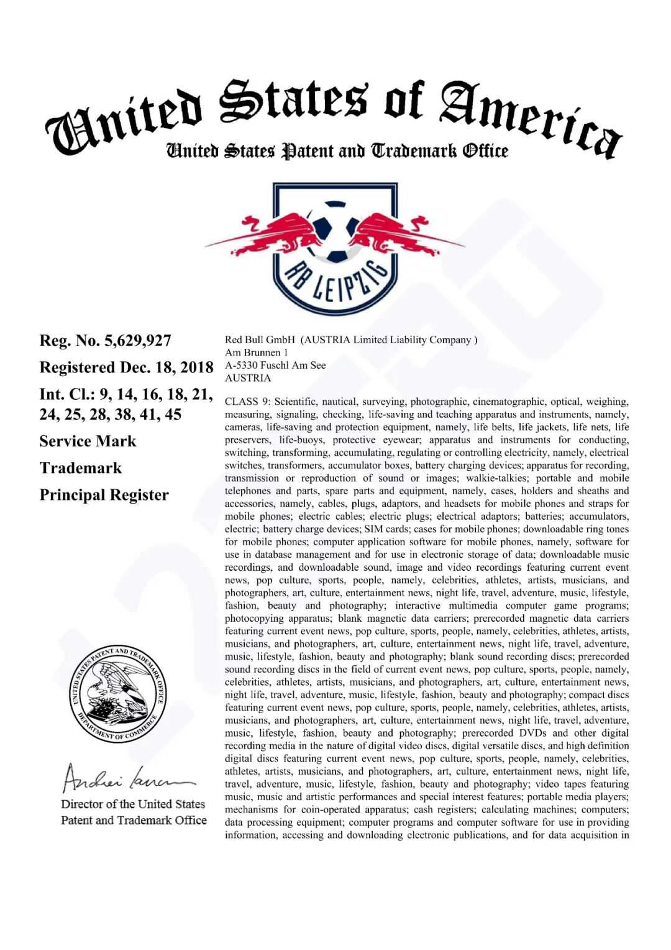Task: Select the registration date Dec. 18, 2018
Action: coord(167,367)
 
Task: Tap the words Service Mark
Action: coord(88,441)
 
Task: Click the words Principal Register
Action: coord(104,496)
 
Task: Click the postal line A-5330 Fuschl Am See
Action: coord(275,365)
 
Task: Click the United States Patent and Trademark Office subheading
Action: coord(336,151)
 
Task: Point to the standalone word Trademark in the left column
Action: coord(81,468)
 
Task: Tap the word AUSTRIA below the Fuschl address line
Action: coord(248,378)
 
